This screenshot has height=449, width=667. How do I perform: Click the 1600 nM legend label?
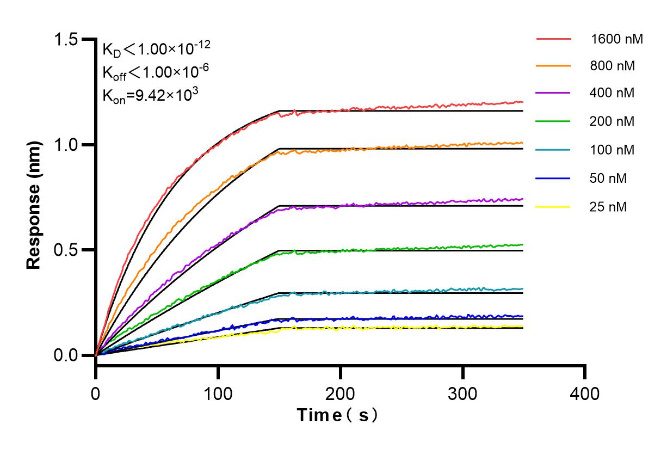616,39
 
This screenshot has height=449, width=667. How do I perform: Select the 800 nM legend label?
612,66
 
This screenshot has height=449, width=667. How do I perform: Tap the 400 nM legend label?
612,93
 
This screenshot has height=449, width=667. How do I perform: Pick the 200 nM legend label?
612,121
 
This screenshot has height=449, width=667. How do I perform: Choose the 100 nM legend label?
612,150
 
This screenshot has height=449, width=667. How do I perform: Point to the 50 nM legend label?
609,178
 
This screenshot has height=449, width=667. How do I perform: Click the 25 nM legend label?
609,207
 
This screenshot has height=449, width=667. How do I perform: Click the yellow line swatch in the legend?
553,207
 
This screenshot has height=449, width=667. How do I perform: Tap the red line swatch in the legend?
553,39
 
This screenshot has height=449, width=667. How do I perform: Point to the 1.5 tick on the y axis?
66,40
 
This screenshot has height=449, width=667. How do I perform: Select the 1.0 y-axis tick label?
66,145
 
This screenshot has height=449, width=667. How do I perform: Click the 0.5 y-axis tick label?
66,250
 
